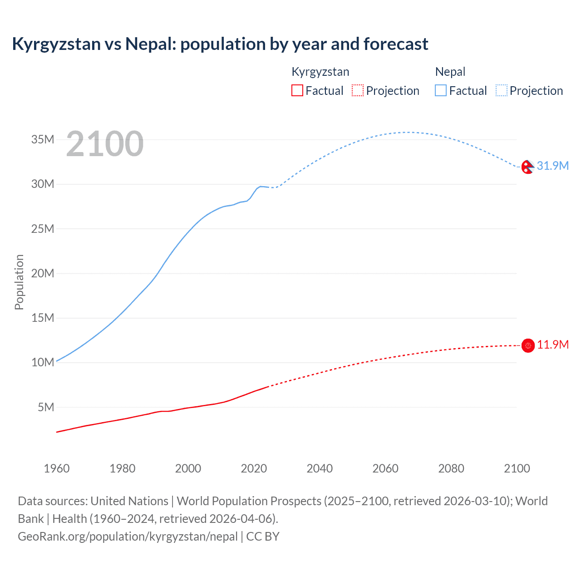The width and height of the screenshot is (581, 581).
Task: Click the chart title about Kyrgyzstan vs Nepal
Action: (220, 44)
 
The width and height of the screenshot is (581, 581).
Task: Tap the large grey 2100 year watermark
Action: (105, 144)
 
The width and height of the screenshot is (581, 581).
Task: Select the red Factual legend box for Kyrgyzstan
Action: (297, 90)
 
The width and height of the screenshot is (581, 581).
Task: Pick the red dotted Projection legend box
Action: (358, 90)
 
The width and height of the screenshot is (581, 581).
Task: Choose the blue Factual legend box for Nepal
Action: (440, 90)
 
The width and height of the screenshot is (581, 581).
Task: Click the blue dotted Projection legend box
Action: (501, 90)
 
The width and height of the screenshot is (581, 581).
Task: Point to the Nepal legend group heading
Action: (450, 72)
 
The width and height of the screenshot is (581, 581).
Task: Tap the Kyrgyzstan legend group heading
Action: (320, 72)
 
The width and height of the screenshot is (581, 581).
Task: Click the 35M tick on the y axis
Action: (43, 139)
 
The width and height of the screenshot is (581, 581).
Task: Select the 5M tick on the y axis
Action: (46, 407)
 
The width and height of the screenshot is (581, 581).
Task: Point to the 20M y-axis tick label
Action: (43, 273)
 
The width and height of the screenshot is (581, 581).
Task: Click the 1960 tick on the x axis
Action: (57, 468)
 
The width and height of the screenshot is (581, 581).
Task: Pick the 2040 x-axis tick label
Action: (320, 468)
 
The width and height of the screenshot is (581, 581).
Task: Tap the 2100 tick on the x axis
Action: (517, 468)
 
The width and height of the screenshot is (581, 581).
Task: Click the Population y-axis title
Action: (19, 282)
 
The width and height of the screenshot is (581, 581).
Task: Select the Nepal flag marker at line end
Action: (527, 167)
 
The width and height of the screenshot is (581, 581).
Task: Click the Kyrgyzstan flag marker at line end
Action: (528, 345)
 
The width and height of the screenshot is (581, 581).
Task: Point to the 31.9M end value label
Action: (552, 166)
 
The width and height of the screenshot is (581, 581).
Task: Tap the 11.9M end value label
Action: (553, 345)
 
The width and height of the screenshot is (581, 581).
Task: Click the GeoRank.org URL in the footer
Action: (128, 537)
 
